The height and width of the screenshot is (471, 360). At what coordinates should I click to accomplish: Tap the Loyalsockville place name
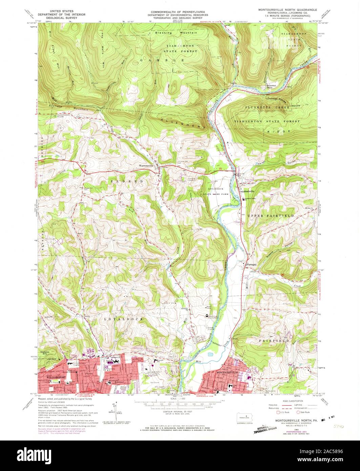point(249,191)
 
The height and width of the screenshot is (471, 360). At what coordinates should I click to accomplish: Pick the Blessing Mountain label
point(176,33)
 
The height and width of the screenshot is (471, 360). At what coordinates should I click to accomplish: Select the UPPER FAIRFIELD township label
point(271,216)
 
